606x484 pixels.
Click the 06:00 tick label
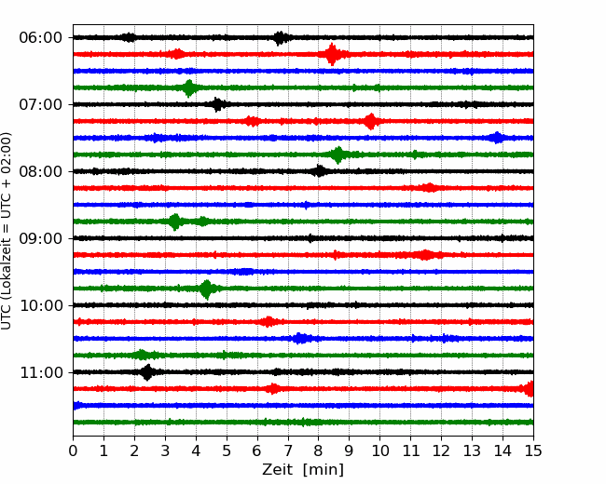coord(41,38)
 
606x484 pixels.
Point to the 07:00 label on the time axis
coord(41,104)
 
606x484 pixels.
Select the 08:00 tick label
coord(41,171)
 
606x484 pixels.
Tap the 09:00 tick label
coord(41,238)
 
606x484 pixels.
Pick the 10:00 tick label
coord(41,305)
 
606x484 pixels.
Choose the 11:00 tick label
coord(41,372)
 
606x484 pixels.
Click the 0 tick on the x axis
coord(73,450)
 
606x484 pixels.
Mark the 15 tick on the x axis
coord(533,450)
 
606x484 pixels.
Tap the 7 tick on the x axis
coord(288,450)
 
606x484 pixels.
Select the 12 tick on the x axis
coord(441,450)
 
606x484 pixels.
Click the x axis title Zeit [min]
coord(303,470)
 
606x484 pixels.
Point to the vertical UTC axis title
coord(7,231)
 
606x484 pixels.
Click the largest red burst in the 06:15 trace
coord(332,54)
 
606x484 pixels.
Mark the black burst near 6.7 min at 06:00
coord(281,38)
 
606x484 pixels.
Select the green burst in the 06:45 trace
coord(189,88)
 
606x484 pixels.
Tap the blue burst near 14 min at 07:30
coord(497,138)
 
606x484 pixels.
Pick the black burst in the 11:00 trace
coord(147,372)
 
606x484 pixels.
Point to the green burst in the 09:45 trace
coord(207,289)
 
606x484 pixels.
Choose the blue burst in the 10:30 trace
coord(299,339)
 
